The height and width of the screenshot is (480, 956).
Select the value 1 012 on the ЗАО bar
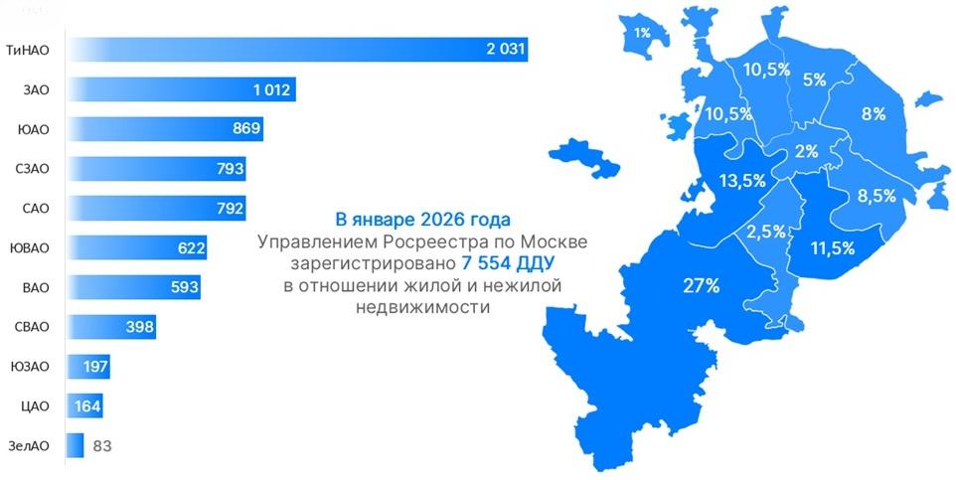point(270,90)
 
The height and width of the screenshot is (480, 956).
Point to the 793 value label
point(230,169)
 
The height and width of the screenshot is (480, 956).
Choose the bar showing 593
point(133,287)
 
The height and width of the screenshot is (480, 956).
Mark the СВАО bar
point(110,327)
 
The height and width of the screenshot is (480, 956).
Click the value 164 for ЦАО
point(87,405)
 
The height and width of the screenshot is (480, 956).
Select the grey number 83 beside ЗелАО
point(101,445)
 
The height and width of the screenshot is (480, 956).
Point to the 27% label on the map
point(702,286)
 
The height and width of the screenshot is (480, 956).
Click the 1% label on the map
point(642,33)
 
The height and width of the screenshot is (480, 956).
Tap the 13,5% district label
point(741,181)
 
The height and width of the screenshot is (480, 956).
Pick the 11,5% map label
point(832,247)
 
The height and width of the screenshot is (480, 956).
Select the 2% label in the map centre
point(805,152)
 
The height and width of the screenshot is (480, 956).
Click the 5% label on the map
point(815,80)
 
